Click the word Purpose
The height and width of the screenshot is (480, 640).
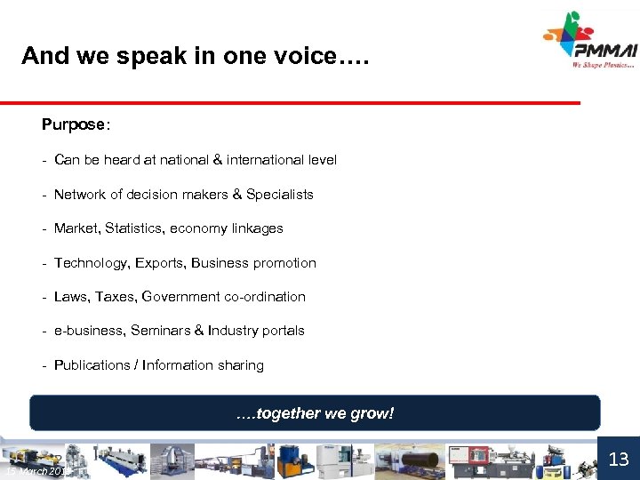(x=73, y=124)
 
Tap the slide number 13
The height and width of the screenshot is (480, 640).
(x=619, y=459)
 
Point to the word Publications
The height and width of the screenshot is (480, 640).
(x=92, y=365)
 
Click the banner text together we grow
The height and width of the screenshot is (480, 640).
(x=315, y=413)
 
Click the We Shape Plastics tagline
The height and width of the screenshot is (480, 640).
(x=604, y=64)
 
